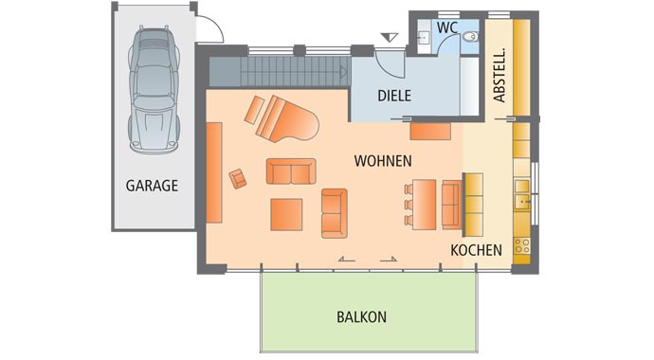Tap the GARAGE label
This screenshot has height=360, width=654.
tap(152, 186)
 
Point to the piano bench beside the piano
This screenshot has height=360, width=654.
tap(254, 110)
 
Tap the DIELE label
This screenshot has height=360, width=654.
tap(393, 96)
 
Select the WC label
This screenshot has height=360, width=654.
tap(447, 28)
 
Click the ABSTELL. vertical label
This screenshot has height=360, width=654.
tap(500, 75)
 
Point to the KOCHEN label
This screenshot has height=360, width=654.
tap(476, 250)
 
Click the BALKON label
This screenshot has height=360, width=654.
tap(361, 317)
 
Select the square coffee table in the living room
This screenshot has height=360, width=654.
tap(286, 214)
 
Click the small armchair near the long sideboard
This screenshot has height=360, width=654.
tap(238, 177)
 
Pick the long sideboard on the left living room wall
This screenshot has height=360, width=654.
tap(213, 172)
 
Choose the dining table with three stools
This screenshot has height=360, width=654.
tap(425, 203)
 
